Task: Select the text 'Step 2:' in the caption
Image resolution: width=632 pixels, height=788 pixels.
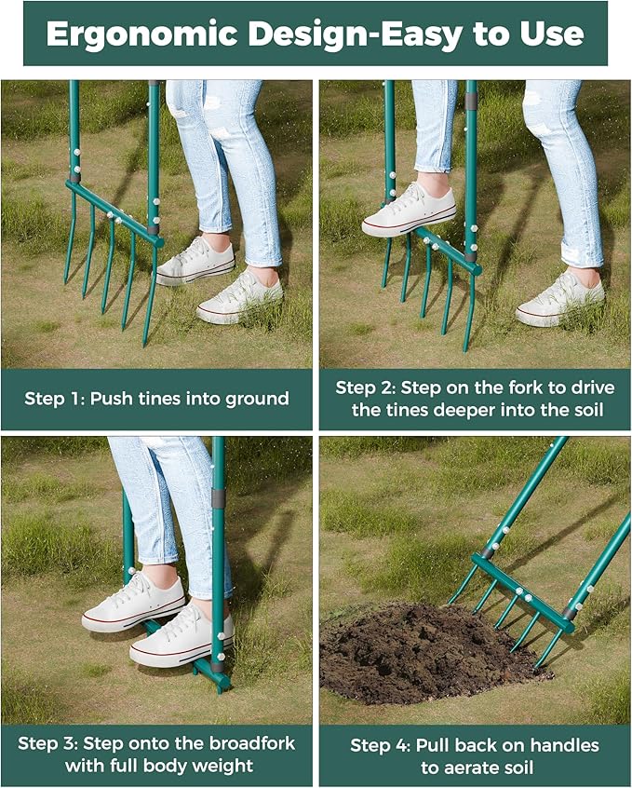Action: coord(368,387)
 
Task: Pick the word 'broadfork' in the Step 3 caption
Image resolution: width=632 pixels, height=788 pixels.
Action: coord(250,743)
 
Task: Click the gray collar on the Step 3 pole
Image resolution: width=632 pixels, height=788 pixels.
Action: coord(218,499)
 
